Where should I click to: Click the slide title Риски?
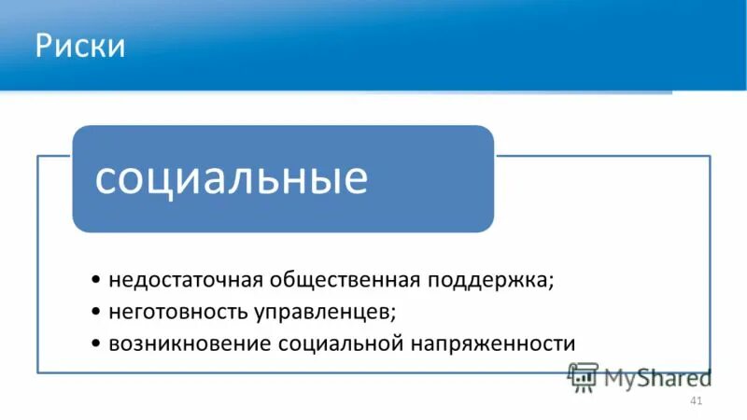pos(80,46)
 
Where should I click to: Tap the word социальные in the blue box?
pos(232,178)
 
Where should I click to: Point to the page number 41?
pos(694,401)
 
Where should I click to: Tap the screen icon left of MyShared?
pos(583,375)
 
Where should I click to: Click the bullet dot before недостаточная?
pos(98,281)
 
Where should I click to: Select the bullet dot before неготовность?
pos(98,312)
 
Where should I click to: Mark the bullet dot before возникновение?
pos(98,343)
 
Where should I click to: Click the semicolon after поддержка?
pos(551,283)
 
